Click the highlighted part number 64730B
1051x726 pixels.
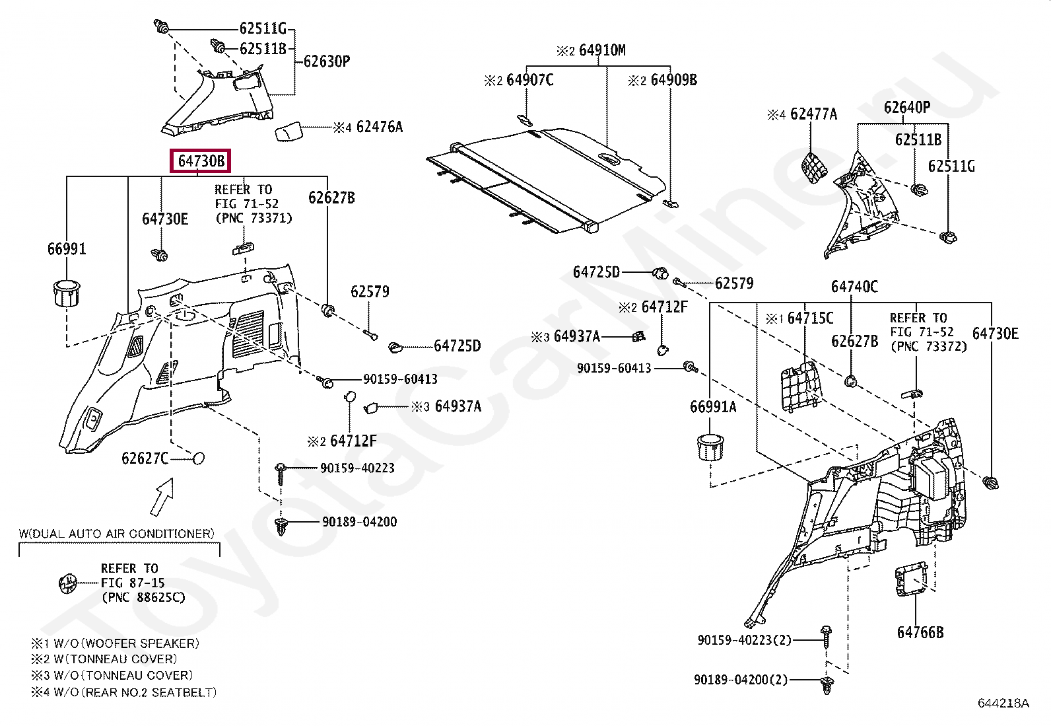(x=201, y=161)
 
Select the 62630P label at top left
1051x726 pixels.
(x=326, y=61)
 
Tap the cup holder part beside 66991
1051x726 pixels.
(x=65, y=293)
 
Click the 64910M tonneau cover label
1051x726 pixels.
(x=601, y=50)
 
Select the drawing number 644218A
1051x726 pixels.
(x=1003, y=703)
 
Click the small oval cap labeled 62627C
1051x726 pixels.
(x=197, y=458)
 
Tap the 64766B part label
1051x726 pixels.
(x=920, y=632)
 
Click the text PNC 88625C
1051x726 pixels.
(x=143, y=597)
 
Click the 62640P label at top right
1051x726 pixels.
(x=906, y=108)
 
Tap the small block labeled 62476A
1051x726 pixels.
(x=288, y=131)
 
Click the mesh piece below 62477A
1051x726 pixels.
(x=814, y=166)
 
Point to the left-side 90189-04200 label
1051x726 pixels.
(x=359, y=522)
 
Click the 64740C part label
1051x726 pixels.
(x=854, y=286)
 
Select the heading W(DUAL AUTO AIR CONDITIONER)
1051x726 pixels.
(x=116, y=533)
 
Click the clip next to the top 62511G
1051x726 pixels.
(x=161, y=28)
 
